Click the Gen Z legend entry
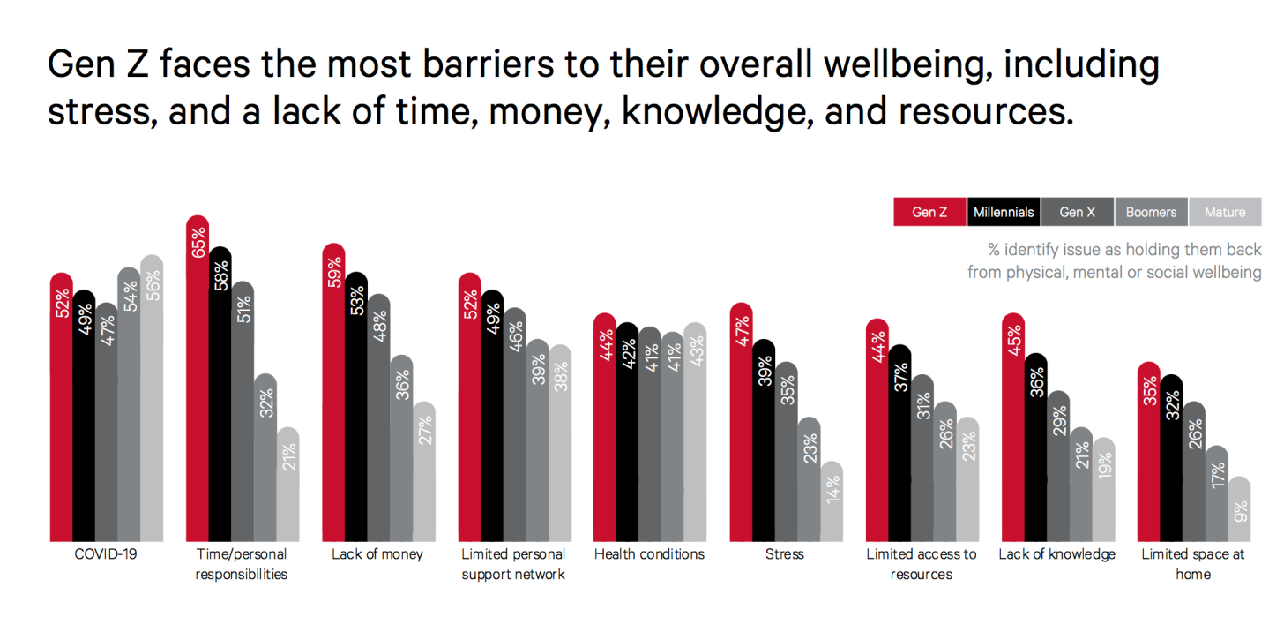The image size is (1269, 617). [x=929, y=213]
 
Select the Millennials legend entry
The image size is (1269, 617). [x=1004, y=213]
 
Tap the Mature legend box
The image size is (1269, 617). [x=1225, y=213]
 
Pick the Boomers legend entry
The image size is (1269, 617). [x=1151, y=213]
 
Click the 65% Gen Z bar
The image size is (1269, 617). [x=198, y=380]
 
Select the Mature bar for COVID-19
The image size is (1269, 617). [x=152, y=397]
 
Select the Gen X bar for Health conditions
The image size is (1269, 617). [x=650, y=433]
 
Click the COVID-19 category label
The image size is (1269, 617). [x=106, y=554]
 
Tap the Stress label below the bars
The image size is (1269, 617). [x=785, y=554]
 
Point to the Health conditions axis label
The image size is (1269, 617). [x=649, y=554]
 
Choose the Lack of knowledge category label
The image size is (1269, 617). [x=1056, y=554]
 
